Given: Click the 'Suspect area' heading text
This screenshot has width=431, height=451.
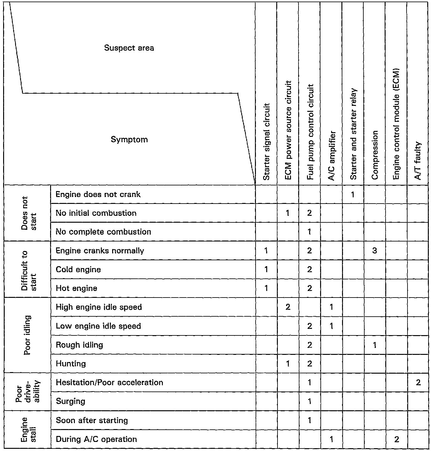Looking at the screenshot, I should tap(129, 48).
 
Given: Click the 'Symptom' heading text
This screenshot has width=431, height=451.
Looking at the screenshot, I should tap(129, 139).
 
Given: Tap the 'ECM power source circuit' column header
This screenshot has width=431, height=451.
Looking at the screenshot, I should tap(288, 130).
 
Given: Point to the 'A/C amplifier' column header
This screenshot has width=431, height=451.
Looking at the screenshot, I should tap(332, 156).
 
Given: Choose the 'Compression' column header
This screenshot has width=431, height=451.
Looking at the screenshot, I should tap(375, 155).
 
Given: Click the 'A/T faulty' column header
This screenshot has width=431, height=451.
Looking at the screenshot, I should tap(418, 161).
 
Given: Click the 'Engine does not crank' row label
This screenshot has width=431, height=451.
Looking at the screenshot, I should tap(98, 194).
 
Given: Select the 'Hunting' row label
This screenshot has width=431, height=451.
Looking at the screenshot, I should tap(71, 364).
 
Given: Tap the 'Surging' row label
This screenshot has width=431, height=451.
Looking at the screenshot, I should tap(70, 401).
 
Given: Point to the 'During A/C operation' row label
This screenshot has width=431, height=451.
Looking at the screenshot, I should tap(96, 439).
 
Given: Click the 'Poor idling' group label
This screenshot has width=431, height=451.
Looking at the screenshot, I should tap(27, 335).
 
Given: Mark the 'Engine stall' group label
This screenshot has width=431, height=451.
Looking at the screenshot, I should tap(28, 430).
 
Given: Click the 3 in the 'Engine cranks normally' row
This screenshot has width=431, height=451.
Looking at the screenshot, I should tap(375, 251).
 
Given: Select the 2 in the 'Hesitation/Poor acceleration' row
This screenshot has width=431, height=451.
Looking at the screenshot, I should tap(418, 382).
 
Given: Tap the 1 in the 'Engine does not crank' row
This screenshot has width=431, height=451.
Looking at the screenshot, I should tap(353, 194).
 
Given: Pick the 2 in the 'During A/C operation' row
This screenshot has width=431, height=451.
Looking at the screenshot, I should tap(397, 439).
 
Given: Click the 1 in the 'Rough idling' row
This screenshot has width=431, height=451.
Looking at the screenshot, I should tap(375, 345).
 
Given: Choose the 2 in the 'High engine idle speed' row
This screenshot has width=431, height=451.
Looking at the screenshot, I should tap(288, 307).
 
